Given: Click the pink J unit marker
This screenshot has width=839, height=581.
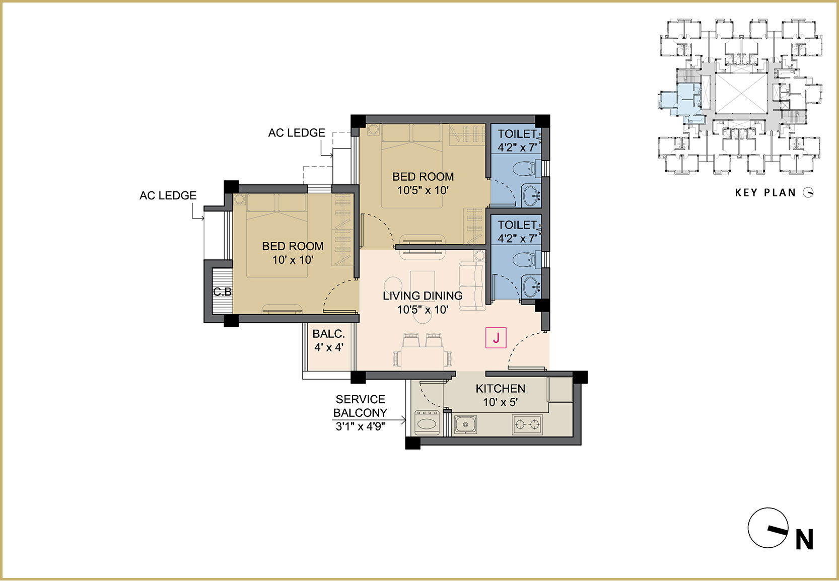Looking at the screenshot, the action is [x=496, y=338].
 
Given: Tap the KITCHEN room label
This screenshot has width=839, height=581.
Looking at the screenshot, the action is [x=501, y=389].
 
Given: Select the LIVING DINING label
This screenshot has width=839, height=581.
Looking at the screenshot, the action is [x=423, y=296].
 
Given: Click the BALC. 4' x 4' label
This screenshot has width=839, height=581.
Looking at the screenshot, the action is [x=329, y=340].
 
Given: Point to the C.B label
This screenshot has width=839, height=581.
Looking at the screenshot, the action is [x=223, y=292].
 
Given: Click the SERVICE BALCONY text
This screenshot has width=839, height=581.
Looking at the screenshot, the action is [x=360, y=406].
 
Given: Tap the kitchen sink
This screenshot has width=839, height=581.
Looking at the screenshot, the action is [x=465, y=425].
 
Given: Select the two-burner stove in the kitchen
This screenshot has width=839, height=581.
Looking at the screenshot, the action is [x=527, y=424].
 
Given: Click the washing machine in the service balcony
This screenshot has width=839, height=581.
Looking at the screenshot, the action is [x=427, y=422].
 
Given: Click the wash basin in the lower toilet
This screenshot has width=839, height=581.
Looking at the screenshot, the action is [x=531, y=287].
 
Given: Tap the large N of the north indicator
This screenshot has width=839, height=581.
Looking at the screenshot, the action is [x=804, y=539].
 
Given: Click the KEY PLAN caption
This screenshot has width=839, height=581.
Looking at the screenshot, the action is [x=765, y=193].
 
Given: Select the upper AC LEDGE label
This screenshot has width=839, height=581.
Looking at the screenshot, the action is [x=297, y=133].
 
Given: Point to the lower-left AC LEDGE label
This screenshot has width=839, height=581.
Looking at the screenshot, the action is [x=168, y=195].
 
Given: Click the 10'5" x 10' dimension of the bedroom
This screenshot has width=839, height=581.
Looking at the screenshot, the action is [x=423, y=190].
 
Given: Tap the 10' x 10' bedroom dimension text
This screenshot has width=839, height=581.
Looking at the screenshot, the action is [x=293, y=260].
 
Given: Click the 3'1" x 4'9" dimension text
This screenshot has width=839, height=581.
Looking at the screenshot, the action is [x=360, y=426].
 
